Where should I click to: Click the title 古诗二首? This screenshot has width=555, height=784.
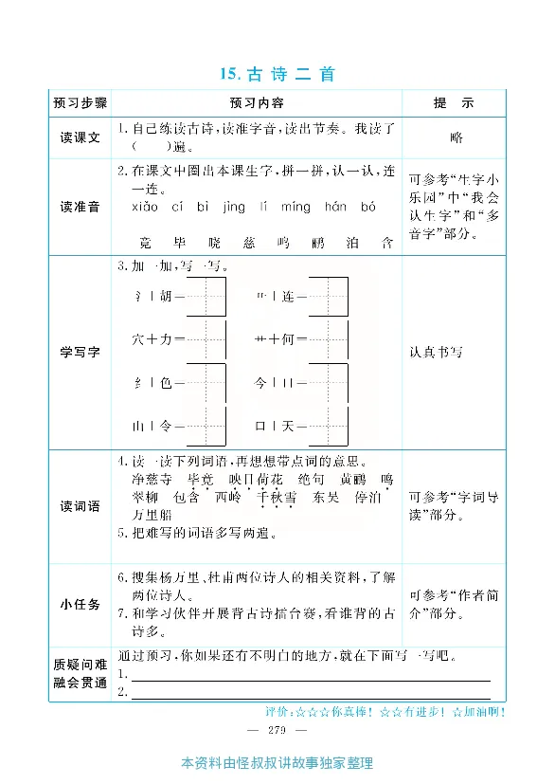(277, 74)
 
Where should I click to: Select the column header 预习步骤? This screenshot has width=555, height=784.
(81, 102)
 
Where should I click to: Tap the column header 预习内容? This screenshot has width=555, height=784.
(256, 102)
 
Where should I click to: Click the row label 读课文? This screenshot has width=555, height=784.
(81, 137)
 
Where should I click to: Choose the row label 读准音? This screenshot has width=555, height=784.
(81, 207)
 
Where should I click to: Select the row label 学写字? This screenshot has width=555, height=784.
(81, 352)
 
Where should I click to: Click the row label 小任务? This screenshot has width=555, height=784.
(81, 605)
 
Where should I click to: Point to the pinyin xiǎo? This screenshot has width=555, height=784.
(144, 207)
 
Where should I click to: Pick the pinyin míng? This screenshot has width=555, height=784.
(295, 207)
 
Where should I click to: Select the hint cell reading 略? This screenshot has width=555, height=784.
(457, 137)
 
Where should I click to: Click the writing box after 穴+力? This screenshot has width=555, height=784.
(207, 338)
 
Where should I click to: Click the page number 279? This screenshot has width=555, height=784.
(277, 730)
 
